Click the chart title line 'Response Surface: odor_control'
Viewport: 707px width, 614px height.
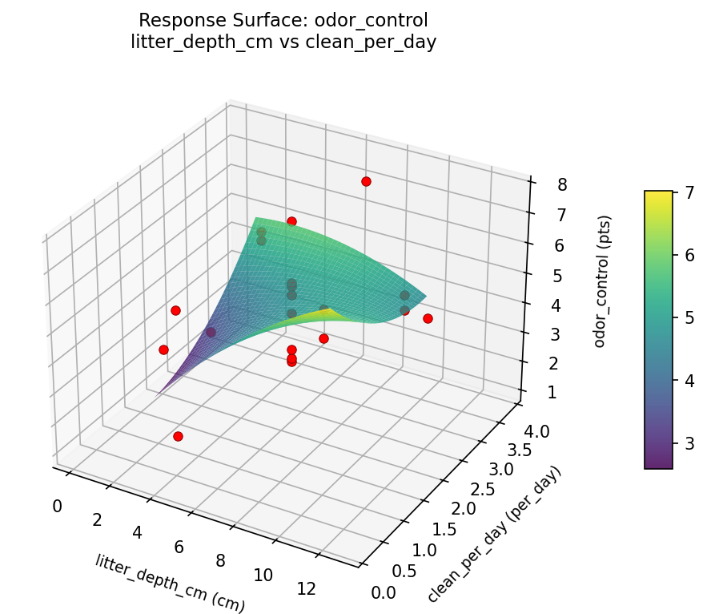283,20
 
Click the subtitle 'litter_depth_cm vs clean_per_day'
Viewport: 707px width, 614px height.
283,42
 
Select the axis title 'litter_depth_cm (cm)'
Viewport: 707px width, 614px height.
171,583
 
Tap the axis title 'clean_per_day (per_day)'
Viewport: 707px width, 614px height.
494,535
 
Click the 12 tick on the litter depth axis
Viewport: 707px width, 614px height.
306,588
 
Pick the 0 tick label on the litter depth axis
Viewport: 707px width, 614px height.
57,506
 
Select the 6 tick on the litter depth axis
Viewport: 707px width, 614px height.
179,547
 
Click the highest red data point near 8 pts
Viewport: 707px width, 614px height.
366,182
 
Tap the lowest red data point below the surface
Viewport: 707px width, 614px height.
178,437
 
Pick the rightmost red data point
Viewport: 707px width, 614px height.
428,319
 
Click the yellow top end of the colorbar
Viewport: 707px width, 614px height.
658,195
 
